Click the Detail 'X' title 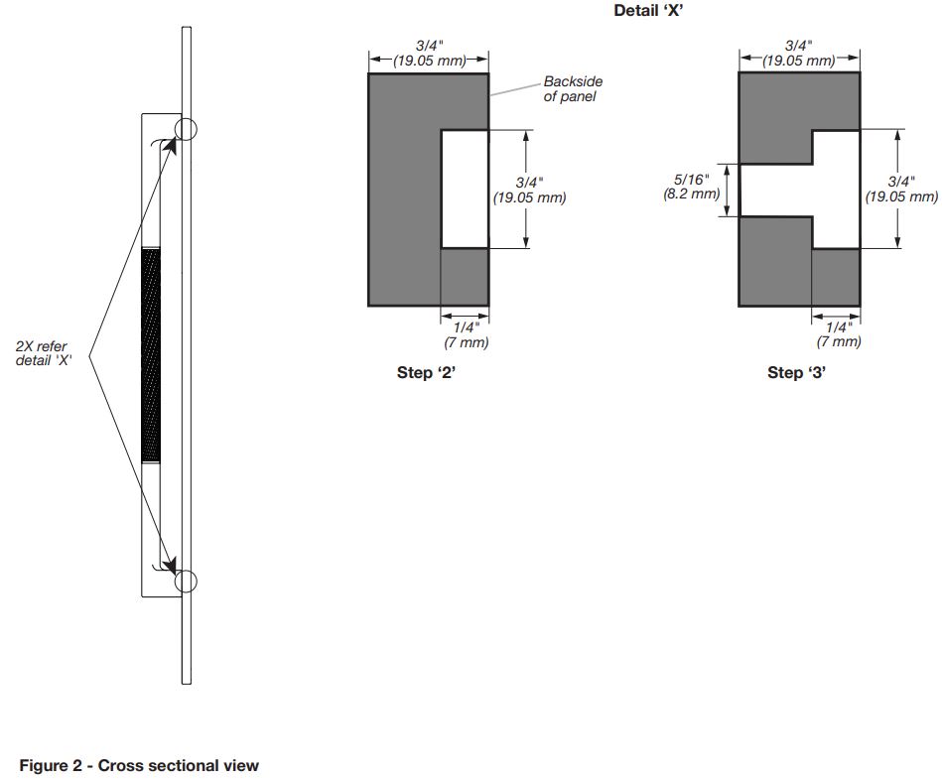pyautogui.click(x=648, y=10)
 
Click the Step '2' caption pyautogui.click(x=426, y=372)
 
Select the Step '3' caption pyautogui.click(x=797, y=372)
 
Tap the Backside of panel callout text pyautogui.click(x=573, y=89)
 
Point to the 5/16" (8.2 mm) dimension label pyautogui.click(x=692, y=187)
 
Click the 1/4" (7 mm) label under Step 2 pyautogui.click(x=467, y=335)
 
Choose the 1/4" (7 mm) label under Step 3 pyautogui.click(x=839, y=334)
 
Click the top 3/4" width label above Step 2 pyautogui.click(x=430, y=54)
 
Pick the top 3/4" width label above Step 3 pyautogui.click(x=799, y=54)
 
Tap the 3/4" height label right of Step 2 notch pyautogui.click(x=529, y=191)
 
